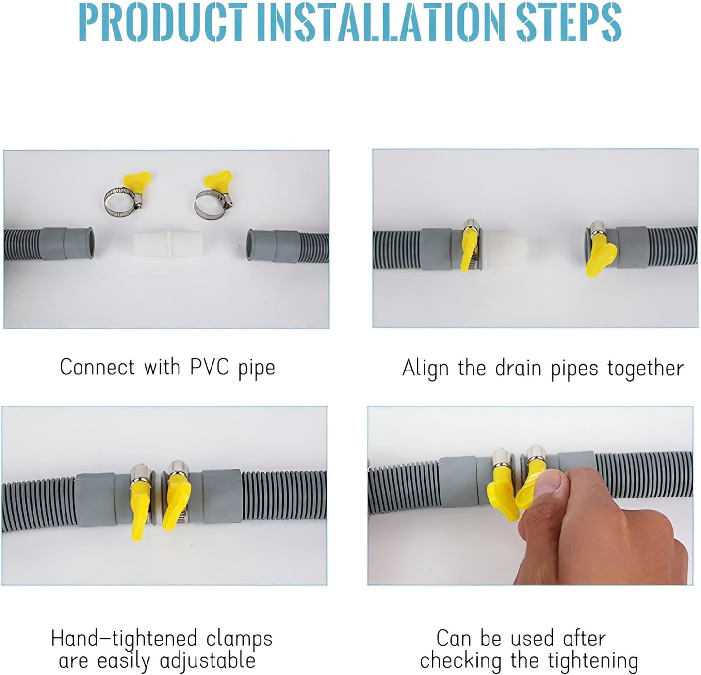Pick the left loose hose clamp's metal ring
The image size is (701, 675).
coord(119,205)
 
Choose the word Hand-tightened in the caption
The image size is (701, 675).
coord(124,639)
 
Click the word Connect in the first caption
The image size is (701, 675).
coord(97,367)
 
